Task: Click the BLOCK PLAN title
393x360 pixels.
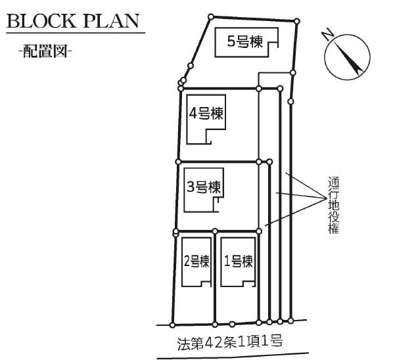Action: click(x=73, y=21)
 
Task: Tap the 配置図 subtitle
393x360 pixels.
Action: click(x=45, y=51)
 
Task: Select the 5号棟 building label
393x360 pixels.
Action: click(x=245, y=41)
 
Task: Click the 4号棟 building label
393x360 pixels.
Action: click(x=206, y=114)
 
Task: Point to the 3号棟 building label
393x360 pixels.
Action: click(x=204, y=187)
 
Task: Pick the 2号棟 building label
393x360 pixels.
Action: click(x=196, y=261)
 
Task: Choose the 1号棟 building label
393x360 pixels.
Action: click(x=238, y=261)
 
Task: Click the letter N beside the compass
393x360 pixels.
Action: click(x=328, y=35)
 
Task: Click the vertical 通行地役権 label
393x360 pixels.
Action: click(x=334, y=206)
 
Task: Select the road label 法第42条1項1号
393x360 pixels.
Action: click(x=230, y=342)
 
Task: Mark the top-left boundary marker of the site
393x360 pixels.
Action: click(x=211, y=17)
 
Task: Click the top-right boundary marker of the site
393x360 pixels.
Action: click(x=297, y=21)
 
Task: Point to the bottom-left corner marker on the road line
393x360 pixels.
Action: click(x=172, y=325)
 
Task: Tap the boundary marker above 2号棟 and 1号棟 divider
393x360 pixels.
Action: click(x=215, y=231)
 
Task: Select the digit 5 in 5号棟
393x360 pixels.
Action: click(x=231, y=41)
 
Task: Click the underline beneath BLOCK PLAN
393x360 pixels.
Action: click(x=76, y=33)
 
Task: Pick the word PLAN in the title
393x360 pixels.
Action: click(x=111, y=21)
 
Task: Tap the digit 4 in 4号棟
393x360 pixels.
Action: click(x=193, y=114)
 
